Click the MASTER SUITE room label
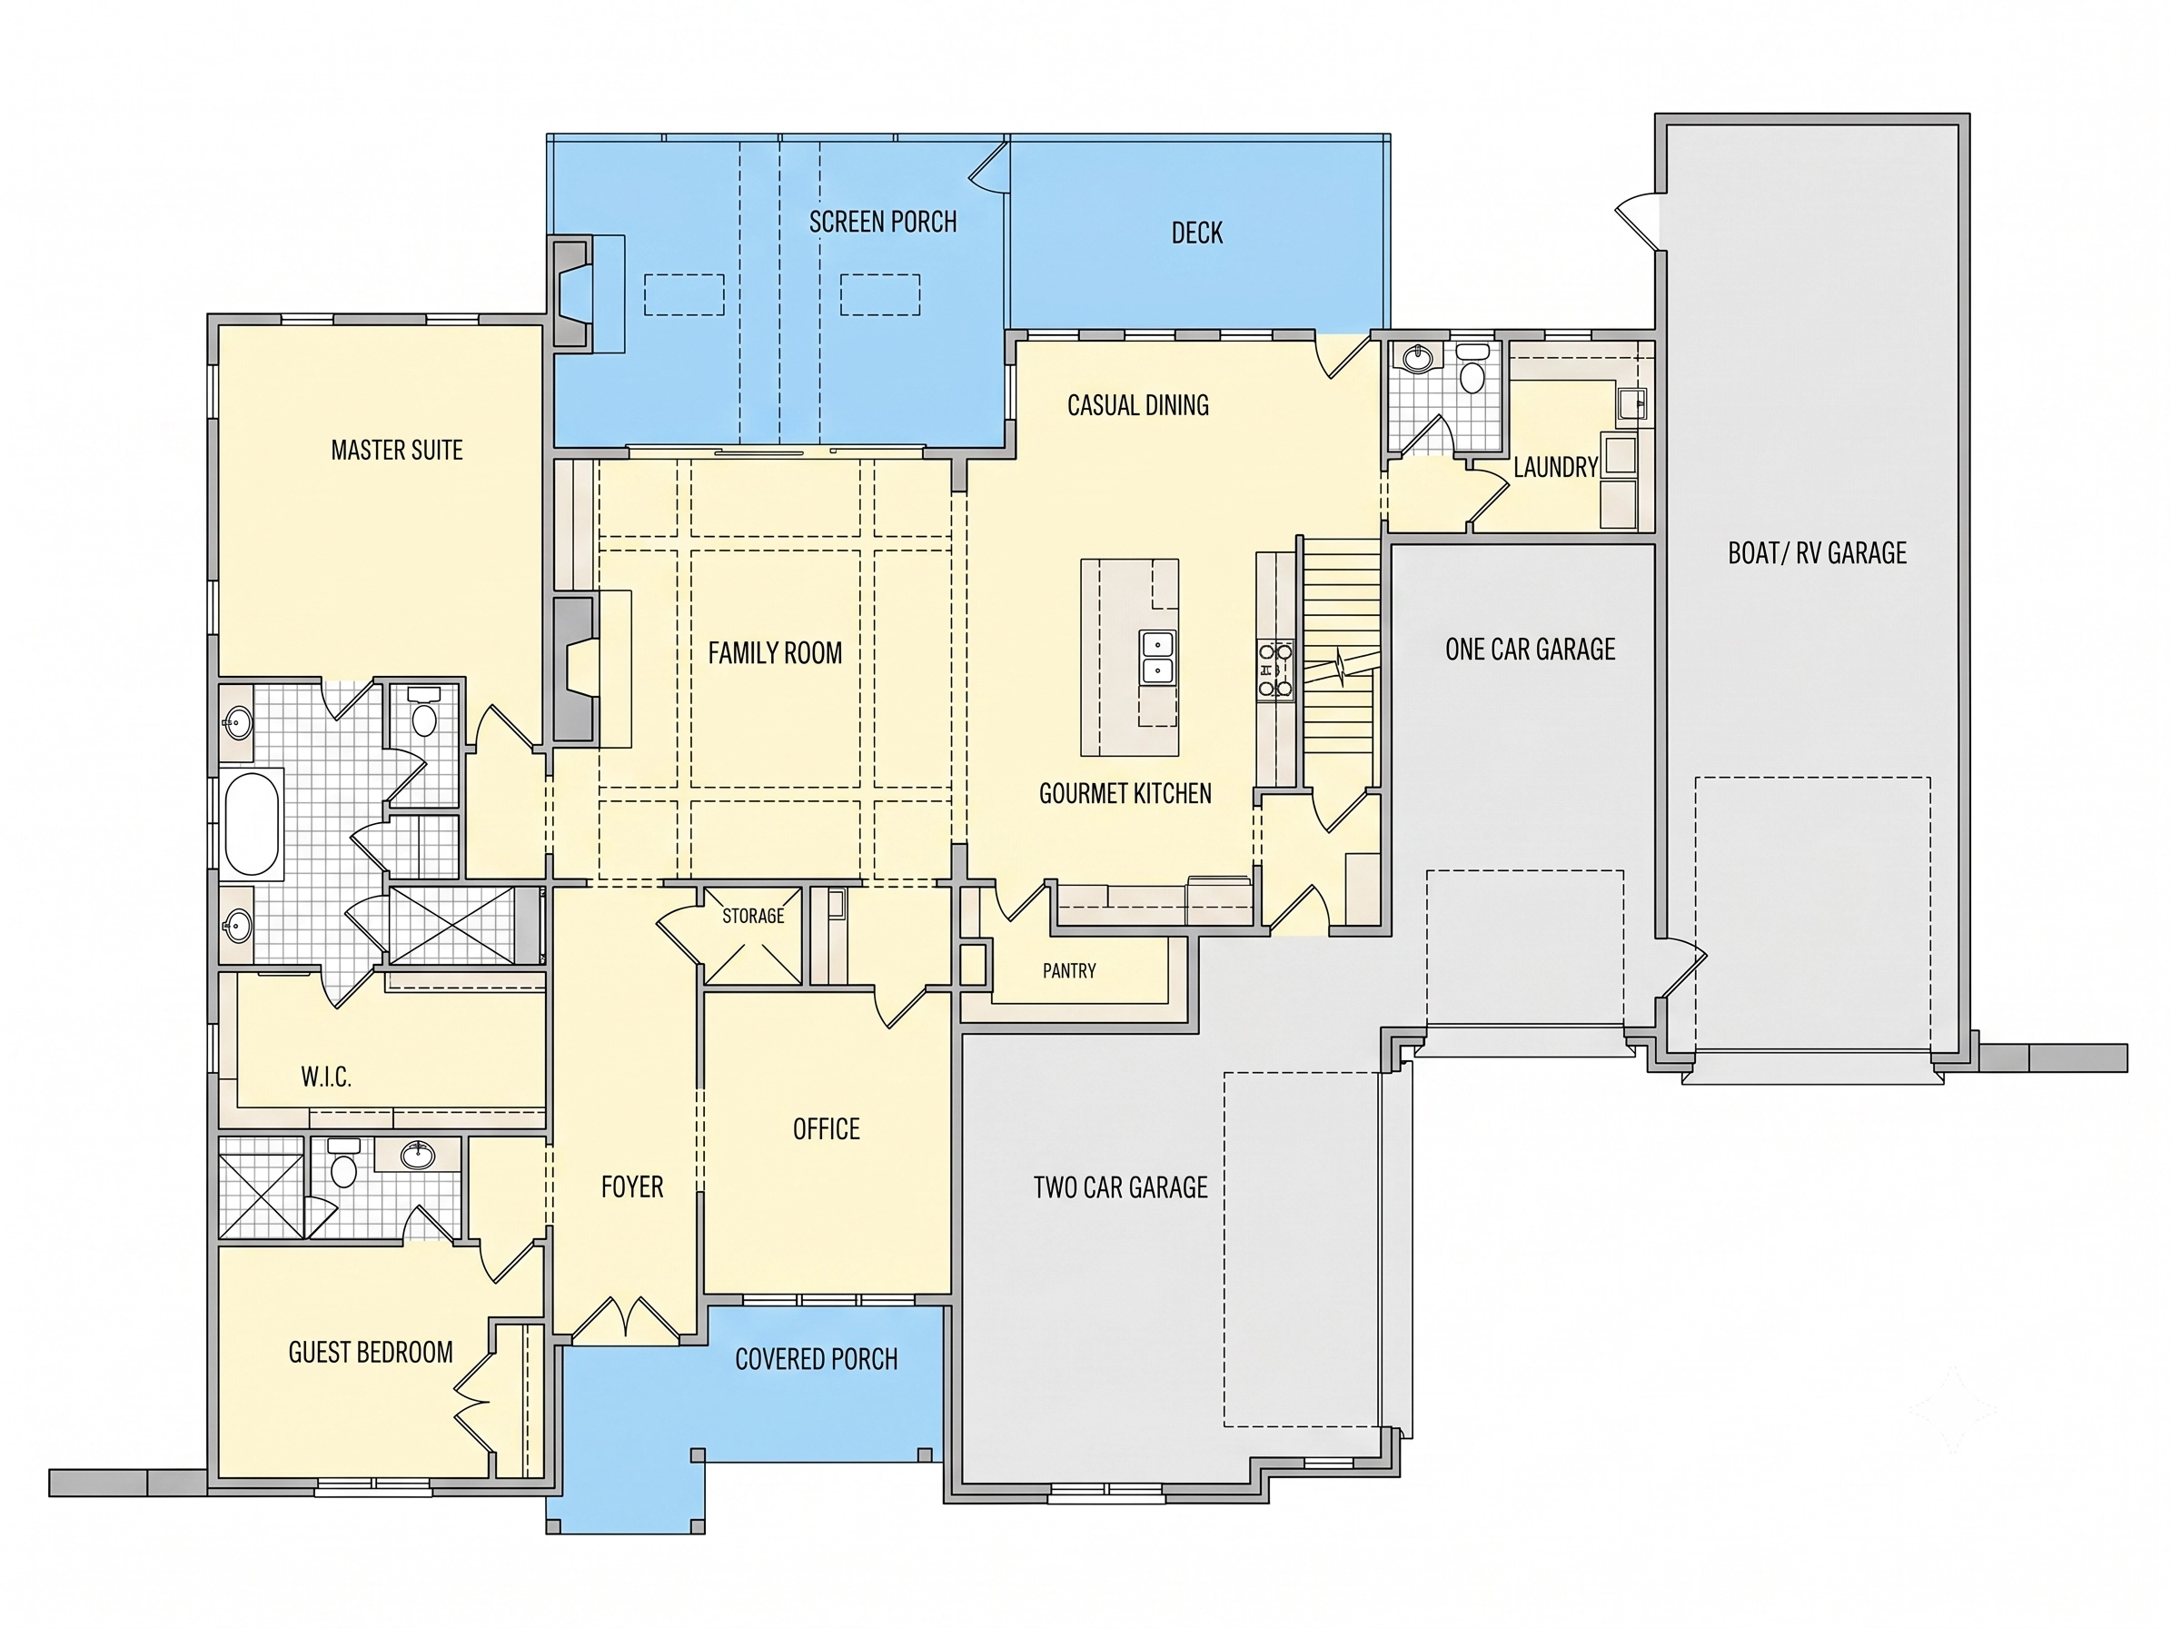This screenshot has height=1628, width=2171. [x=397, y=451]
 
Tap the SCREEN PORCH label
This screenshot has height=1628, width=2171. [x=882, y=223]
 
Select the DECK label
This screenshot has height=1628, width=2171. [x=1197, y=233]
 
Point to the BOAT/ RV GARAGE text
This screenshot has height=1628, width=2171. [x=1818, y=553]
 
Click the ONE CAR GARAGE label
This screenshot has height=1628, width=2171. [x=1530, y=650]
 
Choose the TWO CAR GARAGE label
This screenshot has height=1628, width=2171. [x=1121, y=1187]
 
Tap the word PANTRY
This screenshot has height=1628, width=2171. [x=1069, y=970]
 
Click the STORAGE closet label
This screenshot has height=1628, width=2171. [x=753, y=916]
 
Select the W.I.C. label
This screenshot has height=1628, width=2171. [x=326, y=1077]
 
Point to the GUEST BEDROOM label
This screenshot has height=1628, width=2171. [x=371, y=1352]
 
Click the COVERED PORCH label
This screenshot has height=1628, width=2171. [x=817, y=1359]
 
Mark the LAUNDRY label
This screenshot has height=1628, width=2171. [x=1556, y=467]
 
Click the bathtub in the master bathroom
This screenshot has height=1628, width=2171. [x=253, y=823]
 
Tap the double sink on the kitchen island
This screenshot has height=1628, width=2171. [x=1158, y=658]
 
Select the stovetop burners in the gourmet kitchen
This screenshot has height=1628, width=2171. [x=1276, y=670]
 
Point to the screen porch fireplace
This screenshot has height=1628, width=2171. [x=573, y=292]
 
